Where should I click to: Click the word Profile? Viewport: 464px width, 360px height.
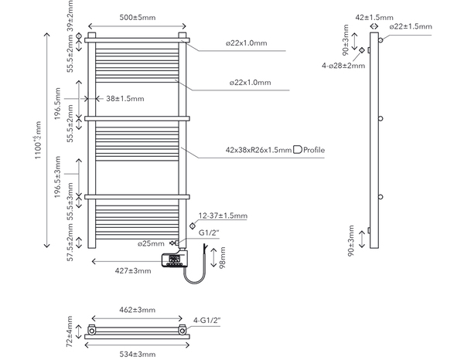pos(314,149)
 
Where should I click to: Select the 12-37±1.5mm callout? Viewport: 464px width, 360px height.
pos(222,216)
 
